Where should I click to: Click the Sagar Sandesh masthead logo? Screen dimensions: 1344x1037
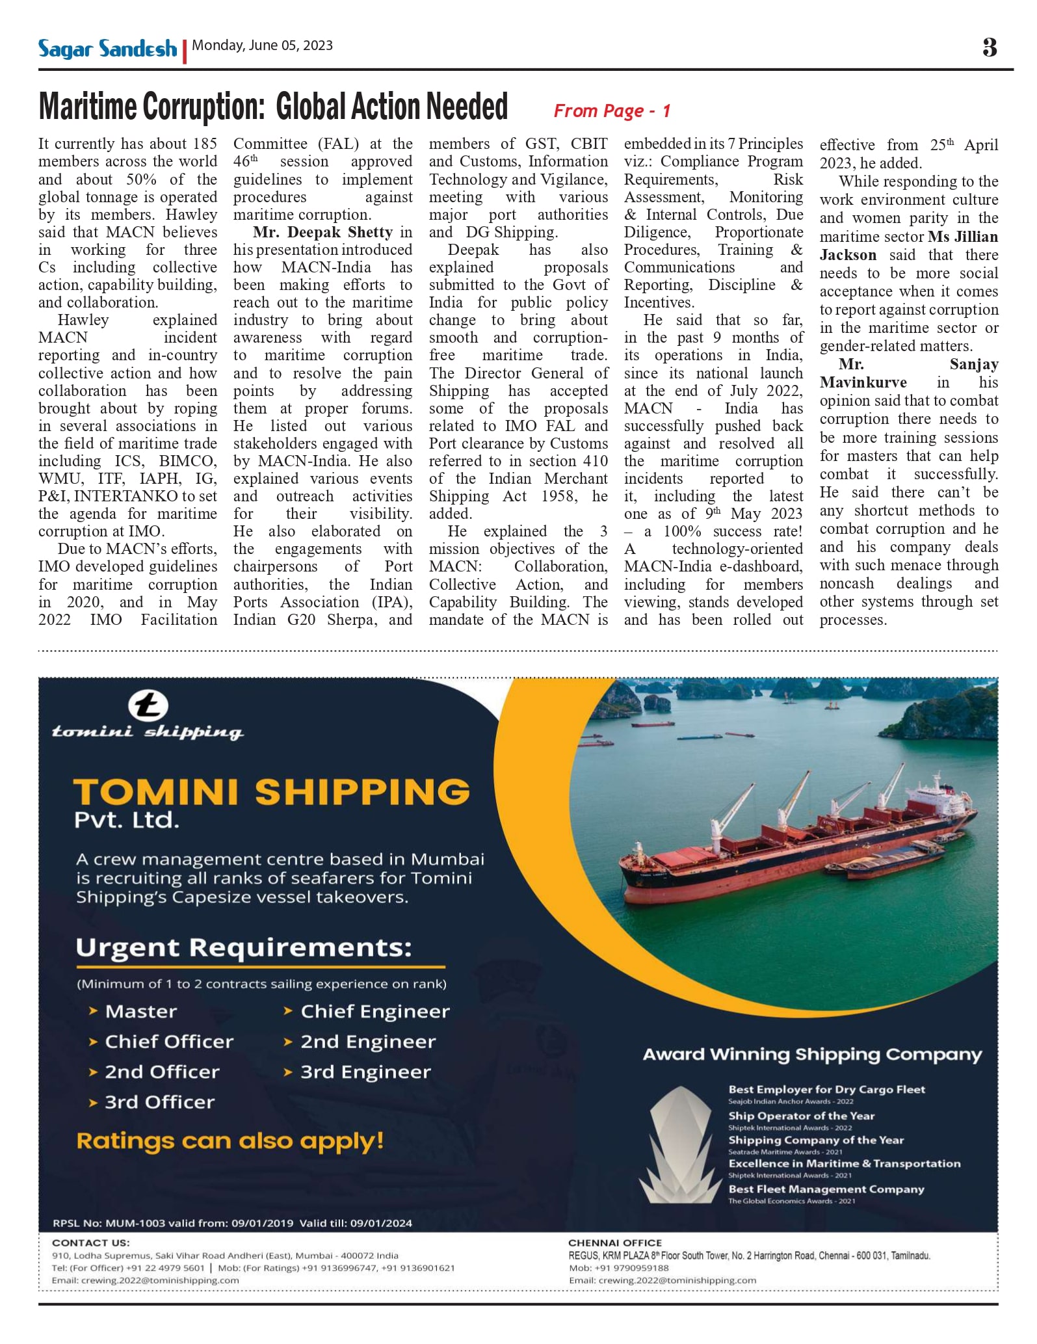point(107,49)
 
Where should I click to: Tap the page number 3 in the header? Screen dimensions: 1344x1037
point(989,47)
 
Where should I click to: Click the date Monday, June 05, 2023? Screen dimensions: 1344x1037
point(262,46)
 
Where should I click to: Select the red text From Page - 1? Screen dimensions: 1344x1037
point(611,111)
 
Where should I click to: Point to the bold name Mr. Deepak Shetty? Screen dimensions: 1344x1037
point(323,232)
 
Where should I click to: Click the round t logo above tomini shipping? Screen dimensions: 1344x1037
point(148,705)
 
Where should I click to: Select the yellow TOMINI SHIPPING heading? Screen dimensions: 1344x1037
point(271,792)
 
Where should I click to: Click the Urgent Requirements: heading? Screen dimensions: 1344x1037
point(244,947)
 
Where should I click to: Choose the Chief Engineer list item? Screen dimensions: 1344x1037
point(374,1011)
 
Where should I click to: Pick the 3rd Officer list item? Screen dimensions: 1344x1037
point(159,1102)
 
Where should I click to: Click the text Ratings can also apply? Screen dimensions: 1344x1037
point(230,1140)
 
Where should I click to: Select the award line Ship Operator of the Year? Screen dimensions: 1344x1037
point(801,1116)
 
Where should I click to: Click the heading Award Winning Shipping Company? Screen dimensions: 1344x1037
point(811,1055)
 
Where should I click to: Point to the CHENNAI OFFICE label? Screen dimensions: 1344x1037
point(614,1243)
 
